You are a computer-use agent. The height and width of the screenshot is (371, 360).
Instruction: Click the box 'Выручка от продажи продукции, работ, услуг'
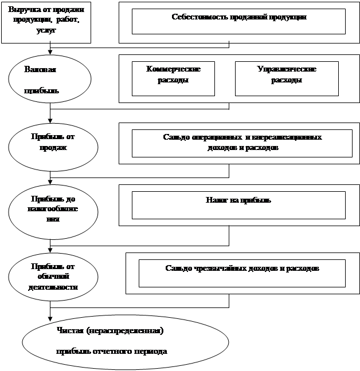46,22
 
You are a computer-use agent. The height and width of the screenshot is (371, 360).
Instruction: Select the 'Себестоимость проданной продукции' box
238,21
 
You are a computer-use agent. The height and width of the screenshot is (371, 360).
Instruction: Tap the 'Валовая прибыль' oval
50,79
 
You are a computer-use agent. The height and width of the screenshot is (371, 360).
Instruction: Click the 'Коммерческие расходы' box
173,78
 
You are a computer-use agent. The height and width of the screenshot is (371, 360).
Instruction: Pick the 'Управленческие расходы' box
287,78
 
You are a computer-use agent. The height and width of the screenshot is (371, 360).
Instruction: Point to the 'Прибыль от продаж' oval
50,143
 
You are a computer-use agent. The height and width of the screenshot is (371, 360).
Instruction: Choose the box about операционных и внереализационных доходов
242,143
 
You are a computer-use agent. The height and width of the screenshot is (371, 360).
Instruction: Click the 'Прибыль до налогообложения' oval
50,210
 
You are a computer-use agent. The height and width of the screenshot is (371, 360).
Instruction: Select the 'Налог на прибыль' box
238,205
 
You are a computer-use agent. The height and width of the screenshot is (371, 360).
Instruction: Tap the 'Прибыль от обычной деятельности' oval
50,277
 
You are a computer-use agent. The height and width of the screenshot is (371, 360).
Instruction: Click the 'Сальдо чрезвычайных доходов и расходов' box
242,273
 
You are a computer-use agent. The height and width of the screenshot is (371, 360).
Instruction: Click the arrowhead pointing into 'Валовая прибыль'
50,53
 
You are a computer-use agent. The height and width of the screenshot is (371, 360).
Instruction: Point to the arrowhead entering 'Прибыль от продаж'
50,121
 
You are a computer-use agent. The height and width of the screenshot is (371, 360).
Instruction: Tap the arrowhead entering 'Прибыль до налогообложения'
50,183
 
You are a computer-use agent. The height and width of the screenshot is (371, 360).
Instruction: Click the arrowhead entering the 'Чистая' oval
50,318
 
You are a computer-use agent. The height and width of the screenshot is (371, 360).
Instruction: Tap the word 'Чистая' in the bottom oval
69,330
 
